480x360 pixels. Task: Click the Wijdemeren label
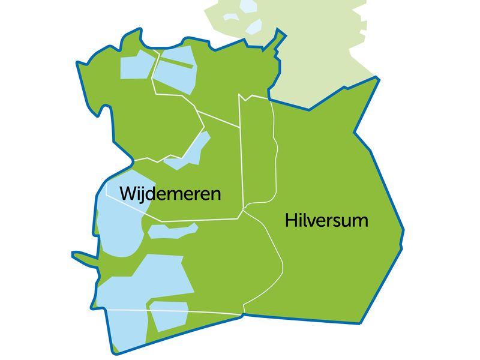(170, 194)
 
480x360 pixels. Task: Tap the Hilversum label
(326, 220)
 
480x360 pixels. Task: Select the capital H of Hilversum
(290, 220)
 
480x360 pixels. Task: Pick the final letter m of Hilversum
(359, 221)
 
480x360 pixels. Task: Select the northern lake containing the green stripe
(174, 75)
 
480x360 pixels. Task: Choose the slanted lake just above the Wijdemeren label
(191, 151)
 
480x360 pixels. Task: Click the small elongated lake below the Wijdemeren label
(172, 230)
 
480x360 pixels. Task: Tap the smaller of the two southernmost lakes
(169, 316)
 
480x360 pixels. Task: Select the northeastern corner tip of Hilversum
(378, 78)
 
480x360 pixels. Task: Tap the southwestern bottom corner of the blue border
(113, 352)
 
